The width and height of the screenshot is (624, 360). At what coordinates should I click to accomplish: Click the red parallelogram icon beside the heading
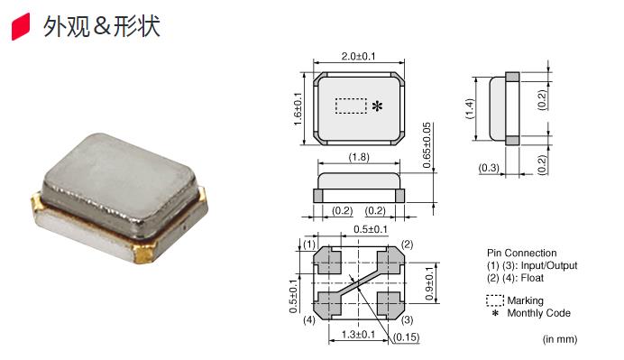tap(21, 26)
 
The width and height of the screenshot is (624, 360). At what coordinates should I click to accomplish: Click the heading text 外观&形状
tap(102, 27)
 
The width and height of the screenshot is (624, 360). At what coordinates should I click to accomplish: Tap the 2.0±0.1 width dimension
tap(358, 56)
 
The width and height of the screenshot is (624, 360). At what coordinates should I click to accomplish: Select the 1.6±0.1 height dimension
tap(298, 108)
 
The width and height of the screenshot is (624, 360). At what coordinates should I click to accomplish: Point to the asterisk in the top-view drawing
tap(377, 106)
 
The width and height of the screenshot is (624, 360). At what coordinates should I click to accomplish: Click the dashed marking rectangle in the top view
tap(351, 106)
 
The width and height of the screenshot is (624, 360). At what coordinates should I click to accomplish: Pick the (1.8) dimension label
tap(359, 157)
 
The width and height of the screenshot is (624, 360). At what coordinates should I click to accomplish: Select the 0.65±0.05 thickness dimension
tap(427, 145)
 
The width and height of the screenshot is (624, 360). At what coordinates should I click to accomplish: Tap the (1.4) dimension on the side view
tap(470, 108)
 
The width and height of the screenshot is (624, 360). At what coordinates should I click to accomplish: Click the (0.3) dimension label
tap(489, 168)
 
